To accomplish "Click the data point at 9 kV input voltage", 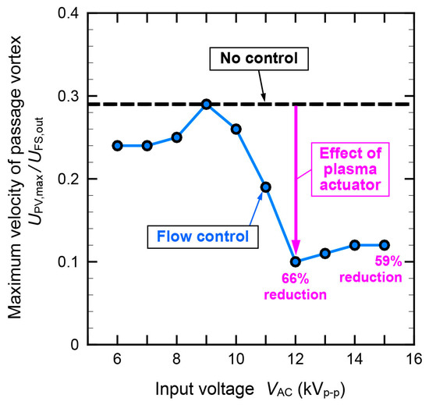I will point(207,104).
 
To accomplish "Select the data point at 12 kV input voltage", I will point(296,261).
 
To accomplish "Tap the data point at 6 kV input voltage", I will point(118,145).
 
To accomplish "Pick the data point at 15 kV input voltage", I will point(384,245).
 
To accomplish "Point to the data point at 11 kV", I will point(266,187).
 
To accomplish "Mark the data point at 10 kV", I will point(236,129).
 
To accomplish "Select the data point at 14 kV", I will point(354,245).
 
